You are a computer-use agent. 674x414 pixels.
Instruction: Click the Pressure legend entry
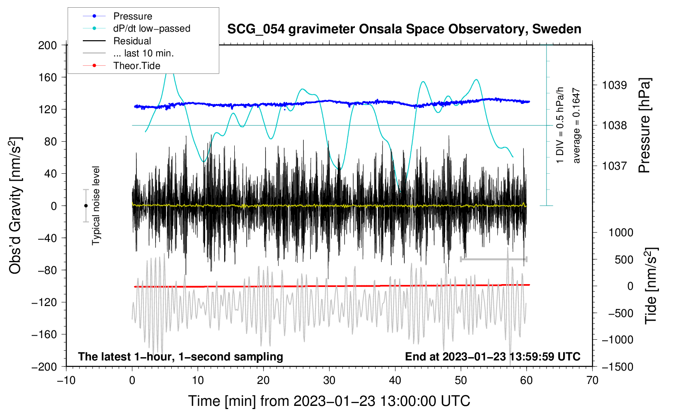pyautogui.click(x=132, y=16)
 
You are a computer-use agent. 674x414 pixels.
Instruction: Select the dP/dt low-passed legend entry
pyautogui.click(x=151, y=28)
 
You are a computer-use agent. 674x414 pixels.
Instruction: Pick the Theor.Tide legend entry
pyautogui.click(x=136, y=66)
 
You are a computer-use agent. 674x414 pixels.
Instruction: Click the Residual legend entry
pyautogui.click(x=132, y=41)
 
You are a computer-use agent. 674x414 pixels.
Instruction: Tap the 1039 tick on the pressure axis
pyautogui.click(x=614, y=85)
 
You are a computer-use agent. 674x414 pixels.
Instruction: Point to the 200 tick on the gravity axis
pyautogui.click(x=48, y=45)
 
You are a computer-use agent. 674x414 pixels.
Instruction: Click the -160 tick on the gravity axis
pyautogui.click(x=45, y=334)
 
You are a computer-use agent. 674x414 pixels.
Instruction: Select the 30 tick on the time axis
pyautogui.click(x=329, y=380)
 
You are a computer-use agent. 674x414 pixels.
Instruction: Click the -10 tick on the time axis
pyautogui.click(x=66, y=380)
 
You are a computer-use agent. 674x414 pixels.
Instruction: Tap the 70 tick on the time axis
pyautogui.click(x=592, y=380)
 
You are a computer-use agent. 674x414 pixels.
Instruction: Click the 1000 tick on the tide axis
pyautogui.click(x=621, y=233)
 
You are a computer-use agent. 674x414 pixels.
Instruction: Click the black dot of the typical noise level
pyautogui.click(x=86, y=206)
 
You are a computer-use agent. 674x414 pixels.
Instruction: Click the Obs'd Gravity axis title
pyautogui.click(x=15, y=206)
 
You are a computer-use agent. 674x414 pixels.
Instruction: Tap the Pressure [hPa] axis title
pyautogui.click(x=644, y=126)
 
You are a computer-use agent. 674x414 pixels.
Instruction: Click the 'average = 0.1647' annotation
pyautogui.click(x=577, y=126)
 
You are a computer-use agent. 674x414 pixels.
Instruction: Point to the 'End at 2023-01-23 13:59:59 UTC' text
pyautogui.click(x=493, y=357)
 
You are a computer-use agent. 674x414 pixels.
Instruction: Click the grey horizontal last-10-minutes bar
pyautogui.click(x=493, y=259)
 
